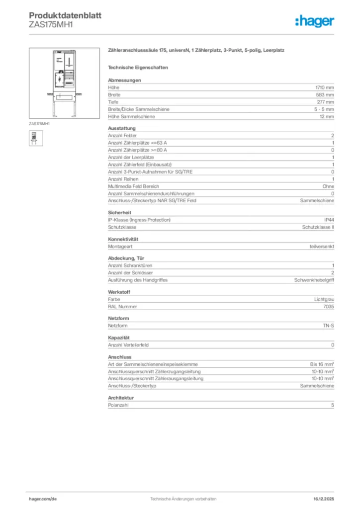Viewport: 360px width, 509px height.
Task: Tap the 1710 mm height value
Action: point(326,87)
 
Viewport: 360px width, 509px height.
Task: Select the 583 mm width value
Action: point(326,94)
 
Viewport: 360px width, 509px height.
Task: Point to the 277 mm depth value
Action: point(326,102)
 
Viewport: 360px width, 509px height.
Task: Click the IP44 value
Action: point(329,220)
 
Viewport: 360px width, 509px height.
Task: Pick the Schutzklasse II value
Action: point(318,227)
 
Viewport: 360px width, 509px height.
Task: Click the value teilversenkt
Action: point(321,246)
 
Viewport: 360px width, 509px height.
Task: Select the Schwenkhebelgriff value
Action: point(314,280)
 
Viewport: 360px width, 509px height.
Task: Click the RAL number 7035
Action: point(329,307)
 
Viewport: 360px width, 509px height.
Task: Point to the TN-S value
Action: point(328,326)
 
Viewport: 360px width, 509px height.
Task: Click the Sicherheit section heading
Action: point(118,212)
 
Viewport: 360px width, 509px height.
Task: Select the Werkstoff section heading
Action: point(119,292)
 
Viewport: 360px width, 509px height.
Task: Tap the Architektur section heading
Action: point(121,398)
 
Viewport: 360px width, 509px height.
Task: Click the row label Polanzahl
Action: point(118,406)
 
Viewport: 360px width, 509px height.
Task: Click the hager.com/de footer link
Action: point(43,498)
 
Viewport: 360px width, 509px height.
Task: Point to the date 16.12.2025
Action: point(324,498)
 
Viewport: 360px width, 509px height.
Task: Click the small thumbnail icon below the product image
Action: point(36,138)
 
